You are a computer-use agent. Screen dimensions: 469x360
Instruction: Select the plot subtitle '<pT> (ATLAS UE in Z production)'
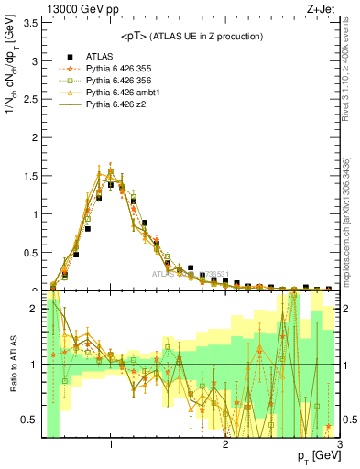tap(192, 36)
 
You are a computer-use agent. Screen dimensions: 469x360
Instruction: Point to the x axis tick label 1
tap(111, 444)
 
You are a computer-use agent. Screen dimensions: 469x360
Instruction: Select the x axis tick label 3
tap(340, 444)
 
